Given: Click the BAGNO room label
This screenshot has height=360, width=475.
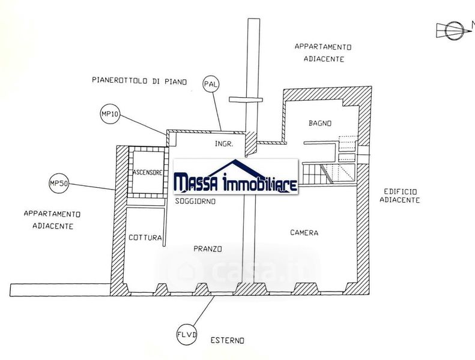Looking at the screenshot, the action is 320,123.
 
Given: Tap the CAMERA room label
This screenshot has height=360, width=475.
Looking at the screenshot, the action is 304,233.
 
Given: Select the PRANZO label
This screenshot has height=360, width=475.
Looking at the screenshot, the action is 208,249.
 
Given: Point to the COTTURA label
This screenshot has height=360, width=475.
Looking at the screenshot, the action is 145,238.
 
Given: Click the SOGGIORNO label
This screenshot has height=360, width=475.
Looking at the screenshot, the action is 195,201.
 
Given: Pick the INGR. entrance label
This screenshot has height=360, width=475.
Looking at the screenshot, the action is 224,144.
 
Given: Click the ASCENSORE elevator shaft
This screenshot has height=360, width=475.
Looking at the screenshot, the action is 148,172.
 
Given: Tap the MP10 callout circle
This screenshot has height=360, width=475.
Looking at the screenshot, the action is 110,114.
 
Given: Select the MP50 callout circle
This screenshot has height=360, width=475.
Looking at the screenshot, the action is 59,183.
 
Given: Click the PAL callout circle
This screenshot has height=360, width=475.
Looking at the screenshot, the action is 211,84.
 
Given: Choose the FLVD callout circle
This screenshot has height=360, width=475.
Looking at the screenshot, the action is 187,335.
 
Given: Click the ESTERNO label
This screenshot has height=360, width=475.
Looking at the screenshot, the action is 227,341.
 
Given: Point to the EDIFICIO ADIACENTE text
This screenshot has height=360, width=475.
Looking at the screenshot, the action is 400,196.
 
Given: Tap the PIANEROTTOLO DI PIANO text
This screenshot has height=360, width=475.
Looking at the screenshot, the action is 139,81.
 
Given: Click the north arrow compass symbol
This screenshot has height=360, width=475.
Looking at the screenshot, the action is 453,30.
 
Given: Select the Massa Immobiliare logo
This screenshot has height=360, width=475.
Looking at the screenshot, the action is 235,176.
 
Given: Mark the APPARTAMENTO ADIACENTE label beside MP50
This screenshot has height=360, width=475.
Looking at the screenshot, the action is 52,220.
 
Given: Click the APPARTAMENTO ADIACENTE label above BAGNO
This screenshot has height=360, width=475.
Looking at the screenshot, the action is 323,53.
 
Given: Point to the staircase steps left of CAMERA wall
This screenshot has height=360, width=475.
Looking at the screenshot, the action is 312,174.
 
